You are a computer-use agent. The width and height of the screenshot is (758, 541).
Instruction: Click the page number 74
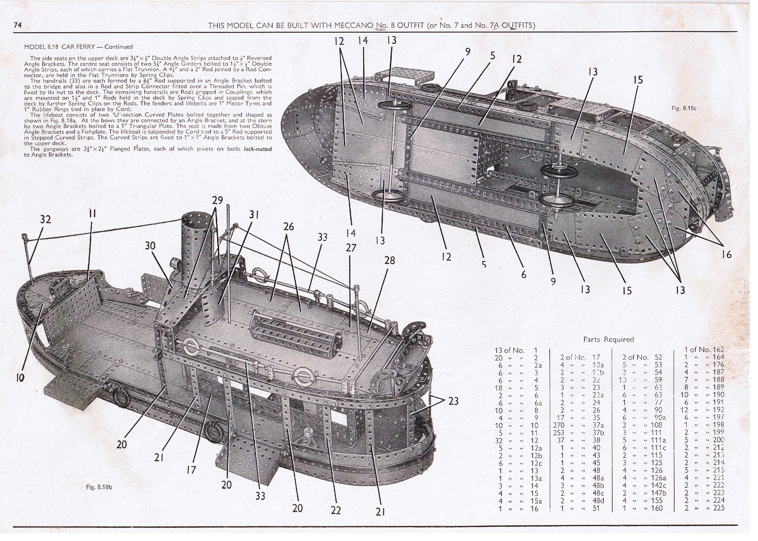point(18,25)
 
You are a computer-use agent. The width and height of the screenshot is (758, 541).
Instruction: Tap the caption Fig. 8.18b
point(99,487)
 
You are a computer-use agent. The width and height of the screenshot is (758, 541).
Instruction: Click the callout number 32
point(45,220)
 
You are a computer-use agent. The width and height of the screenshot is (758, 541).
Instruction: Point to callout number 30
point(150,245)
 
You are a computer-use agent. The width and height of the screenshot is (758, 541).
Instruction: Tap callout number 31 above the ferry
point(254,214)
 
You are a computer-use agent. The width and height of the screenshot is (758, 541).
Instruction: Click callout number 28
point(390,260)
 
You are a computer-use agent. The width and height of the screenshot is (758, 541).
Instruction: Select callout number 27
point(351,248)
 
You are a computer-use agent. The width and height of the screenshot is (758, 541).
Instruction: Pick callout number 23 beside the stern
point(453,401)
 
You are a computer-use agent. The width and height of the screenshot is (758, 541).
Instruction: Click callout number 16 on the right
point(726,254)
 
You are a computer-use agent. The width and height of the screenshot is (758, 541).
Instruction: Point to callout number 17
point(191,470)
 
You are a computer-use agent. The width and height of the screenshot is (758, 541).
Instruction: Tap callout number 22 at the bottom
point(336,510)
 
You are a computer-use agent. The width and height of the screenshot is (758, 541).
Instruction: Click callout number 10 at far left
point(20,378)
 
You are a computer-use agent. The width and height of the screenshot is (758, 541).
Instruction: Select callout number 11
point(92,214)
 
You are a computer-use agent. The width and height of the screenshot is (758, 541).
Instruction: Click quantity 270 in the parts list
point(559,425)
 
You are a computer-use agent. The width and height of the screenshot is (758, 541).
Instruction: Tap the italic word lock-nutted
point(258,149)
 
